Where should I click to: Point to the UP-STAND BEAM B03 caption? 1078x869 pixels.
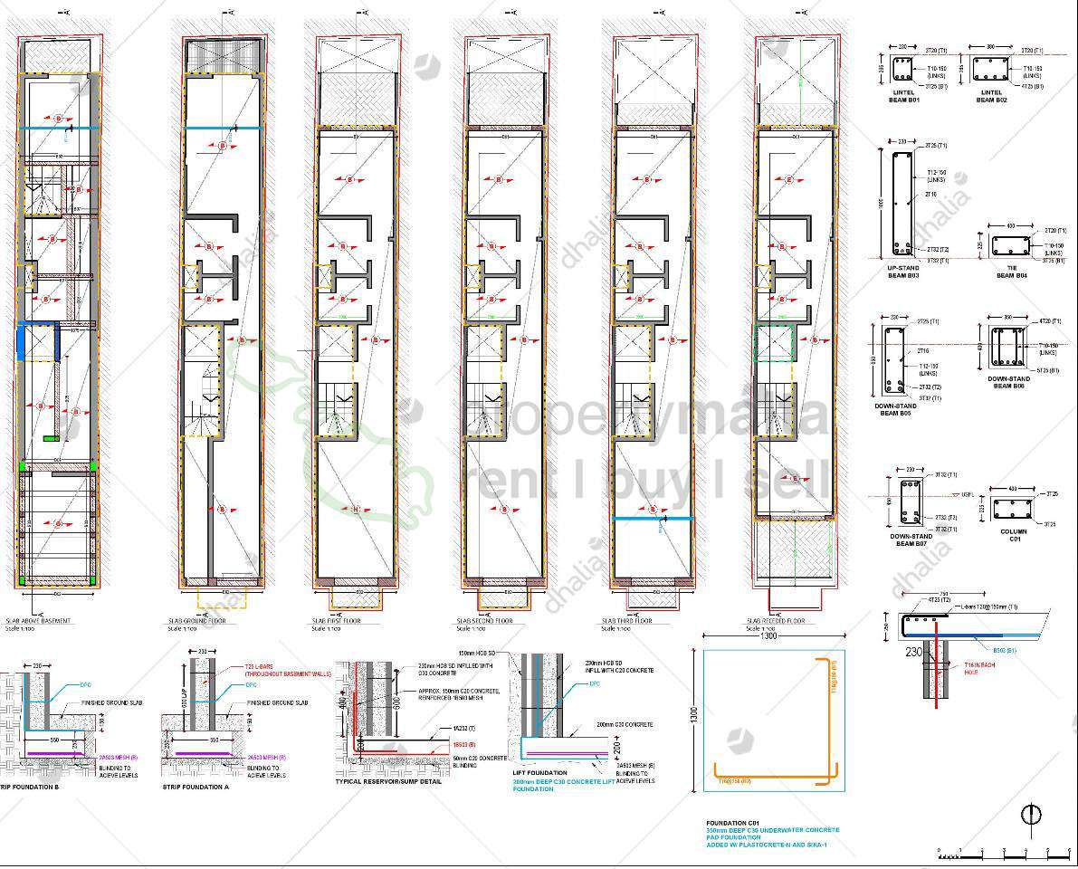point(903,272)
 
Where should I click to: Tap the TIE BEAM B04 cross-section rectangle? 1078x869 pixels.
point(1011,245)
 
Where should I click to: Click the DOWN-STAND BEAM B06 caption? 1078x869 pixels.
point(1008,382)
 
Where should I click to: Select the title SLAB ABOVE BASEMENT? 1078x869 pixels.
point(56,621)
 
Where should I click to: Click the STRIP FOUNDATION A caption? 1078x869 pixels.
point(196,787)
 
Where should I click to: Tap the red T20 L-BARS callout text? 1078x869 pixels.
point(272,671)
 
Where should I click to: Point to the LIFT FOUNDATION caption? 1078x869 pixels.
point(541,772)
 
